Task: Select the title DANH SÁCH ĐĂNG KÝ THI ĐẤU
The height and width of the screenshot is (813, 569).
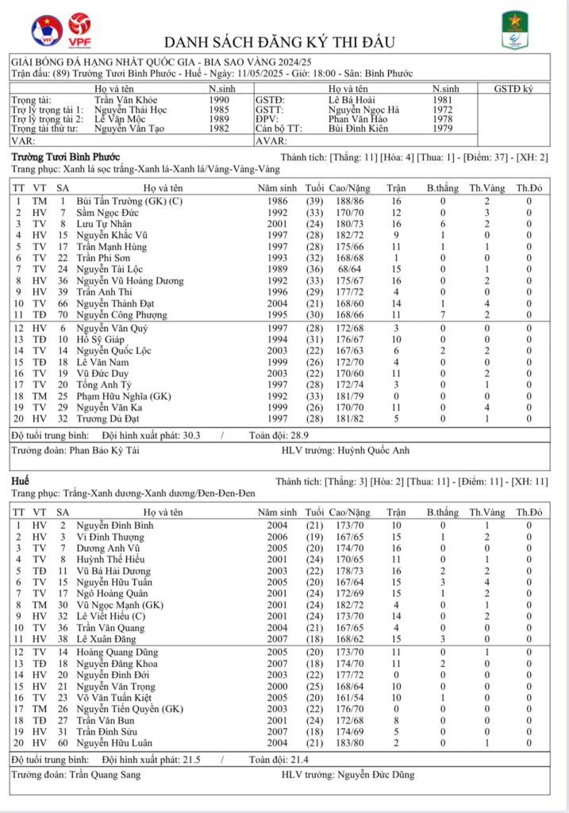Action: click(279, 42)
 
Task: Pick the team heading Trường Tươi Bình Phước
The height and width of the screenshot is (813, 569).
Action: click(66, 157)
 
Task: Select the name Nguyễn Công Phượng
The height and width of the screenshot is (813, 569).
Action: click(121, 315)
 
